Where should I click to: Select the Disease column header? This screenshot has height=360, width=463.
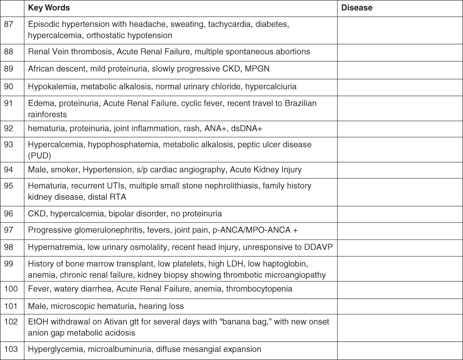click(x=357, y=8)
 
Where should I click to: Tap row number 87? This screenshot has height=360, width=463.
click(x=9, y=24)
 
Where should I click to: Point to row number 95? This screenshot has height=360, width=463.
click(x=9, y=186)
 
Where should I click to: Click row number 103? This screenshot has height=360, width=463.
click(x=11, y=349)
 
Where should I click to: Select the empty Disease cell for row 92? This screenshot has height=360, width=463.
click(x=400, y=128)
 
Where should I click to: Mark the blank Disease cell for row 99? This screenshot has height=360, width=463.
click(x=400, y=269)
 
